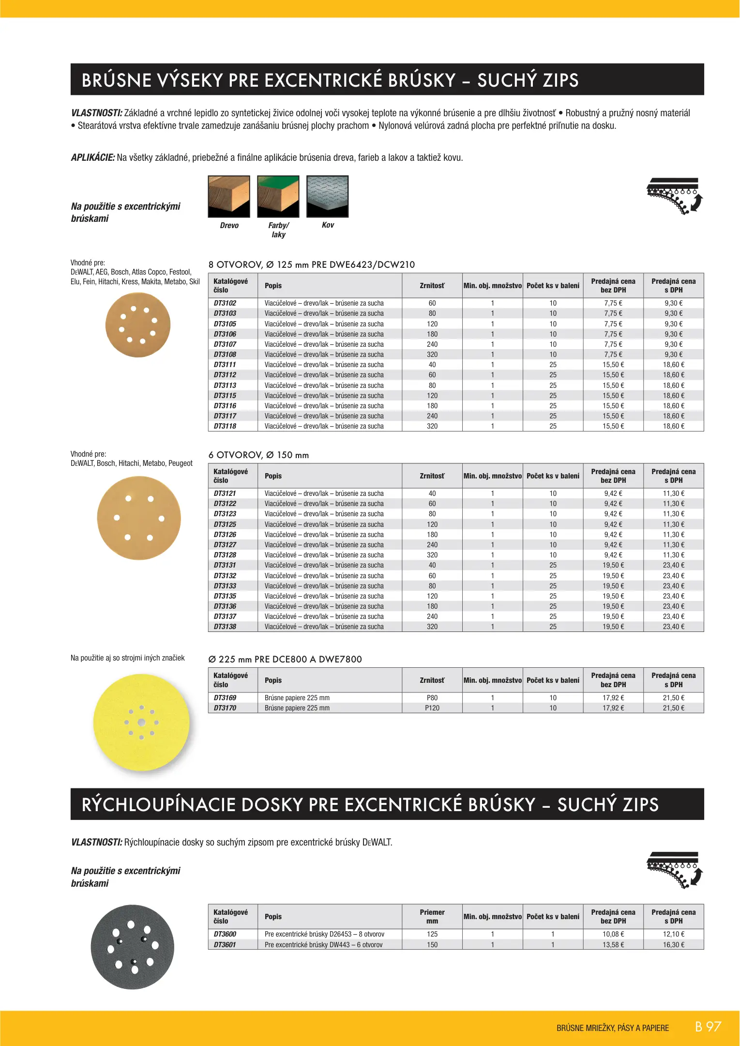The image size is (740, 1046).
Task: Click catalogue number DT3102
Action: pos(225,303)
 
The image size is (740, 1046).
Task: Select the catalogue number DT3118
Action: pos(225,426)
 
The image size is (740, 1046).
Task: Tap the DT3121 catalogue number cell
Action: pos(225,493)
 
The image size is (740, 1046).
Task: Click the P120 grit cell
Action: pos(432,708)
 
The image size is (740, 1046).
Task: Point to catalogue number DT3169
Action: pos(225,698)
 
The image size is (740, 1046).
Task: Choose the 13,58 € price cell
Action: pos(613,945)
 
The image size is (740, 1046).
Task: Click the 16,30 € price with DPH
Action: pos(673,945)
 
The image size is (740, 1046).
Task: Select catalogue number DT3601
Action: pos(225,945)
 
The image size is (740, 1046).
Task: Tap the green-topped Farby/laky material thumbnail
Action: pos(278,197)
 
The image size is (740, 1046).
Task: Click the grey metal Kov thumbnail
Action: pos(328,197)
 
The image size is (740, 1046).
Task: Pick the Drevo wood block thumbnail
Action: pos(229,197)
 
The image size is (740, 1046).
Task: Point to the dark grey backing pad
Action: pos(132,947)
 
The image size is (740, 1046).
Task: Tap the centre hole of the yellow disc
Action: pos(141,723)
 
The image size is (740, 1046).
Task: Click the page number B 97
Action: pos(708,1027)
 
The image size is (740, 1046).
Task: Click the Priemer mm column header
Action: pos(432,917)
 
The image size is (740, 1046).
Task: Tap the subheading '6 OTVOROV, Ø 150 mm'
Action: pos(258,455)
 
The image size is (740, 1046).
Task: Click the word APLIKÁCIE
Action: pos(92,157)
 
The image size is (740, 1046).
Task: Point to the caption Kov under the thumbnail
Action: pos(328,225)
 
